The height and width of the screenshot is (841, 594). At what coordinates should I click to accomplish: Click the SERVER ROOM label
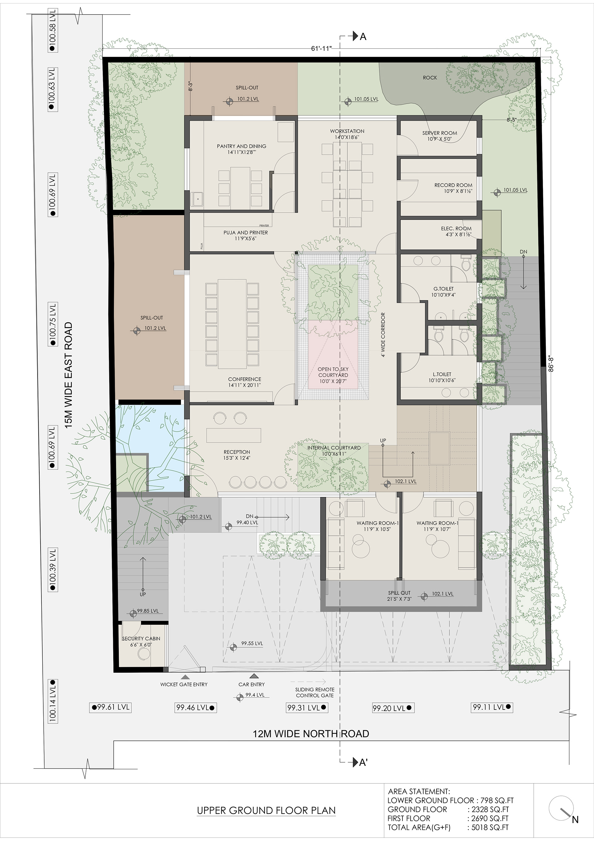pos(439,133)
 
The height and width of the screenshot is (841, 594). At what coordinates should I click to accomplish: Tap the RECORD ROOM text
pos(453,185)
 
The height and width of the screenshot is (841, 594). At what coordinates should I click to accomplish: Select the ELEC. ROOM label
pos(456,228)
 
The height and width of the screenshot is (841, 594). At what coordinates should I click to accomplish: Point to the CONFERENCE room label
pos(245,379)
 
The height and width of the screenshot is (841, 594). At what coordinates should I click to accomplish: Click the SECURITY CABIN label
pos(141,638)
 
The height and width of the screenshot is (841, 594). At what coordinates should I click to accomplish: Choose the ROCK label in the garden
pos(430,78)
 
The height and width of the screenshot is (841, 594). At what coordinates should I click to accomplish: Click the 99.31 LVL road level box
pos(307,708)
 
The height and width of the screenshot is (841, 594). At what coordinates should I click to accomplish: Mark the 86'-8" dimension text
pos(552,362)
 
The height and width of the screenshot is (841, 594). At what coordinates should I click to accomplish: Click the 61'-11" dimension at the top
pos(321,48)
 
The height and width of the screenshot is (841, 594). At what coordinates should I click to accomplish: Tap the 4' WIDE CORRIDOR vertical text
pos(383,335)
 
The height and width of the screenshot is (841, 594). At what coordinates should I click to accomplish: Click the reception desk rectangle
pos(234,435)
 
